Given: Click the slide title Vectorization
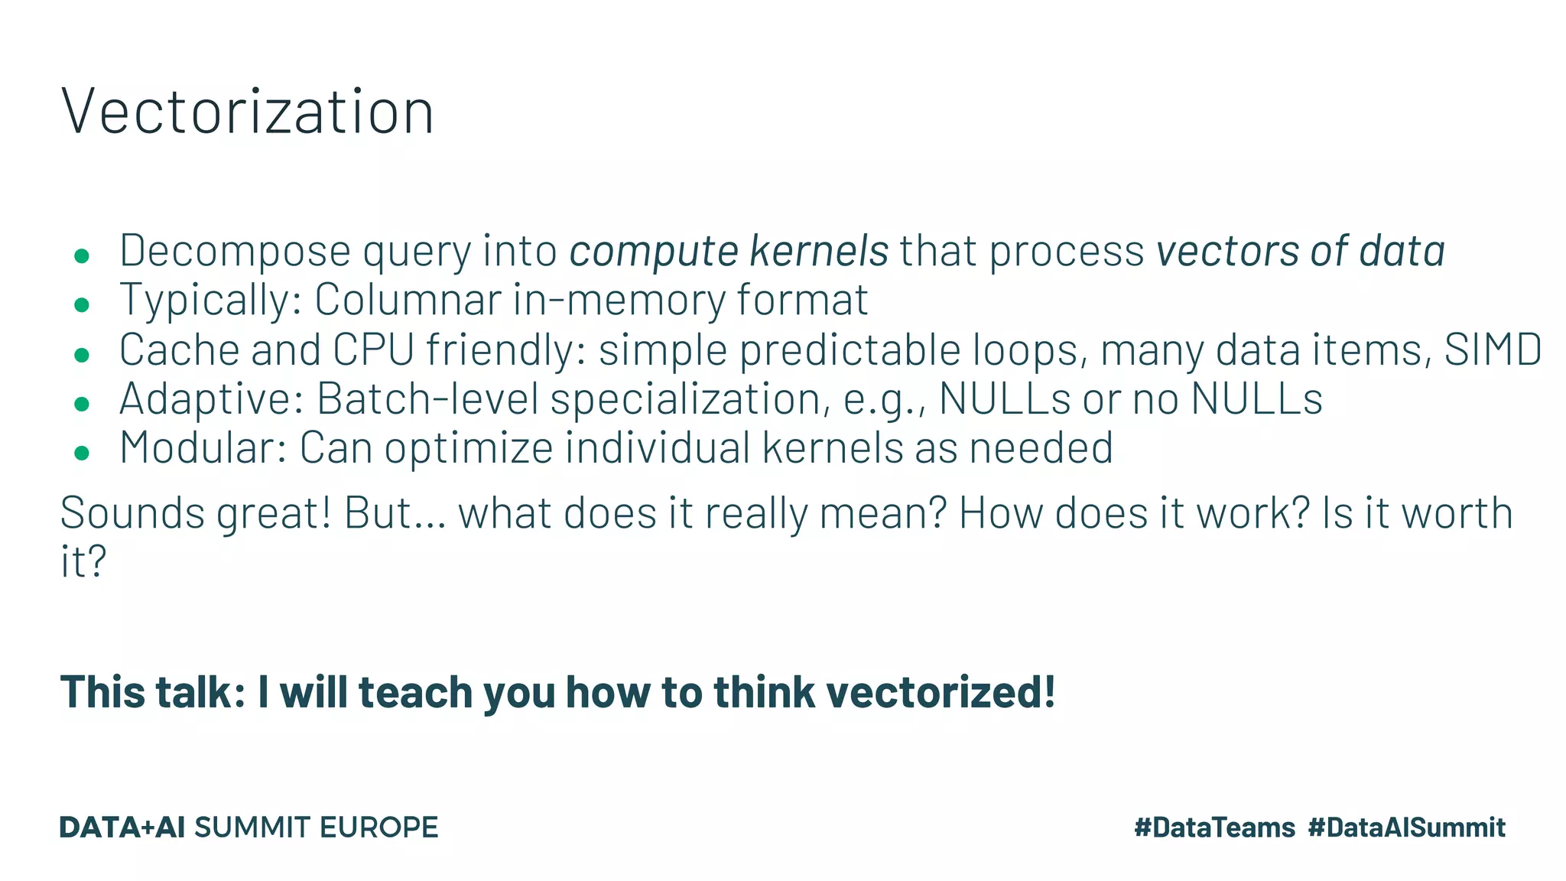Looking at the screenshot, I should tap(247, 112).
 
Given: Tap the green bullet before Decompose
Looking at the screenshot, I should tap(82, 255).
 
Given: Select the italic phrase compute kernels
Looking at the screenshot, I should tap(729, 251).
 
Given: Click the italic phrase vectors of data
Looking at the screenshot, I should tap(1300, 251).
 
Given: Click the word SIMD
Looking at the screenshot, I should tap(1492, 349).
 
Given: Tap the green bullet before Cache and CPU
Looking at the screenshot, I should tap(82, 354).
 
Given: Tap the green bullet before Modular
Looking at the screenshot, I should tap(82, 453).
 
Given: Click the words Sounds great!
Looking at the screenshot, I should tap(196, 513).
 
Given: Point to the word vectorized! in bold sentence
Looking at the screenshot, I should tap(941, 691).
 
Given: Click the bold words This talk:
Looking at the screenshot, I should tap(153, 691).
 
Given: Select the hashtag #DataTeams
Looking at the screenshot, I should tap(1214, 827).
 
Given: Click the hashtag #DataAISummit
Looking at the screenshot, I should tap(1406, 827).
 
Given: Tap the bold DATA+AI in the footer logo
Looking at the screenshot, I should tap(122, 827).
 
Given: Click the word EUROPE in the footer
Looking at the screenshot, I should tap(379, 827).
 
